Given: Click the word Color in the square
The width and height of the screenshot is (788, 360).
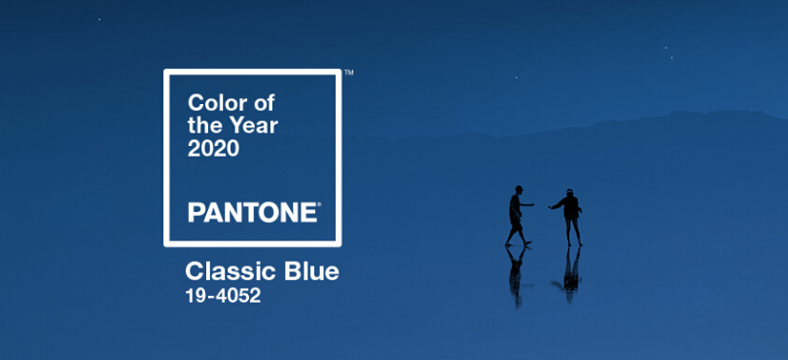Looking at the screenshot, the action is [218, 103].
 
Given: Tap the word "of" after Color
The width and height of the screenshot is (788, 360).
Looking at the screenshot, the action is [265, 102].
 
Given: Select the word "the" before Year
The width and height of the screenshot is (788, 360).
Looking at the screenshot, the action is [203, 126].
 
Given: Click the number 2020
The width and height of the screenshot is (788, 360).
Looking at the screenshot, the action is [214, 148].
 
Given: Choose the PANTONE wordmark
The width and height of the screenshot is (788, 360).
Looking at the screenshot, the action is [252, 212].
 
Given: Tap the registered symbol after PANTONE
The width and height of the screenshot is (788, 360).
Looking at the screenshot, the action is [319, 204].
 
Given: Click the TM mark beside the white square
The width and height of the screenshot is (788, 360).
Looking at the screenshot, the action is [349, 72].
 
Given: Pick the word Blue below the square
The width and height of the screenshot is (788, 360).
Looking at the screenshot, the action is [311, 271].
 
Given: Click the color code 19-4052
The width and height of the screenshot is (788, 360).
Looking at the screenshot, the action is [223, 296].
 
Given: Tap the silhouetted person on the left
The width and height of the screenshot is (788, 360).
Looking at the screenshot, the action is [519, 216].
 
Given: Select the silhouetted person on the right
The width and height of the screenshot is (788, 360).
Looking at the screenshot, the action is [567, 217].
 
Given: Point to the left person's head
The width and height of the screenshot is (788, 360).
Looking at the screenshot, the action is [519, 190].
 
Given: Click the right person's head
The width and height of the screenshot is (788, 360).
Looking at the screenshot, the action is [569, 193].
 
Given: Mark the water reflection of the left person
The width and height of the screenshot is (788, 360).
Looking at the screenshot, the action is [516, 275].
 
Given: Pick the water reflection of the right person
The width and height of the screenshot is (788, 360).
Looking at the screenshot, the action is [568, 274].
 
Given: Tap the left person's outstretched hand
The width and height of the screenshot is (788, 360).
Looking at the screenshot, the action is [532, 204].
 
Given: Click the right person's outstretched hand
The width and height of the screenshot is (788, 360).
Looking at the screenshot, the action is [551, 207].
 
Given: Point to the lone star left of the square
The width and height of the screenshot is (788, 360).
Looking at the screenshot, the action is [99, 19].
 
